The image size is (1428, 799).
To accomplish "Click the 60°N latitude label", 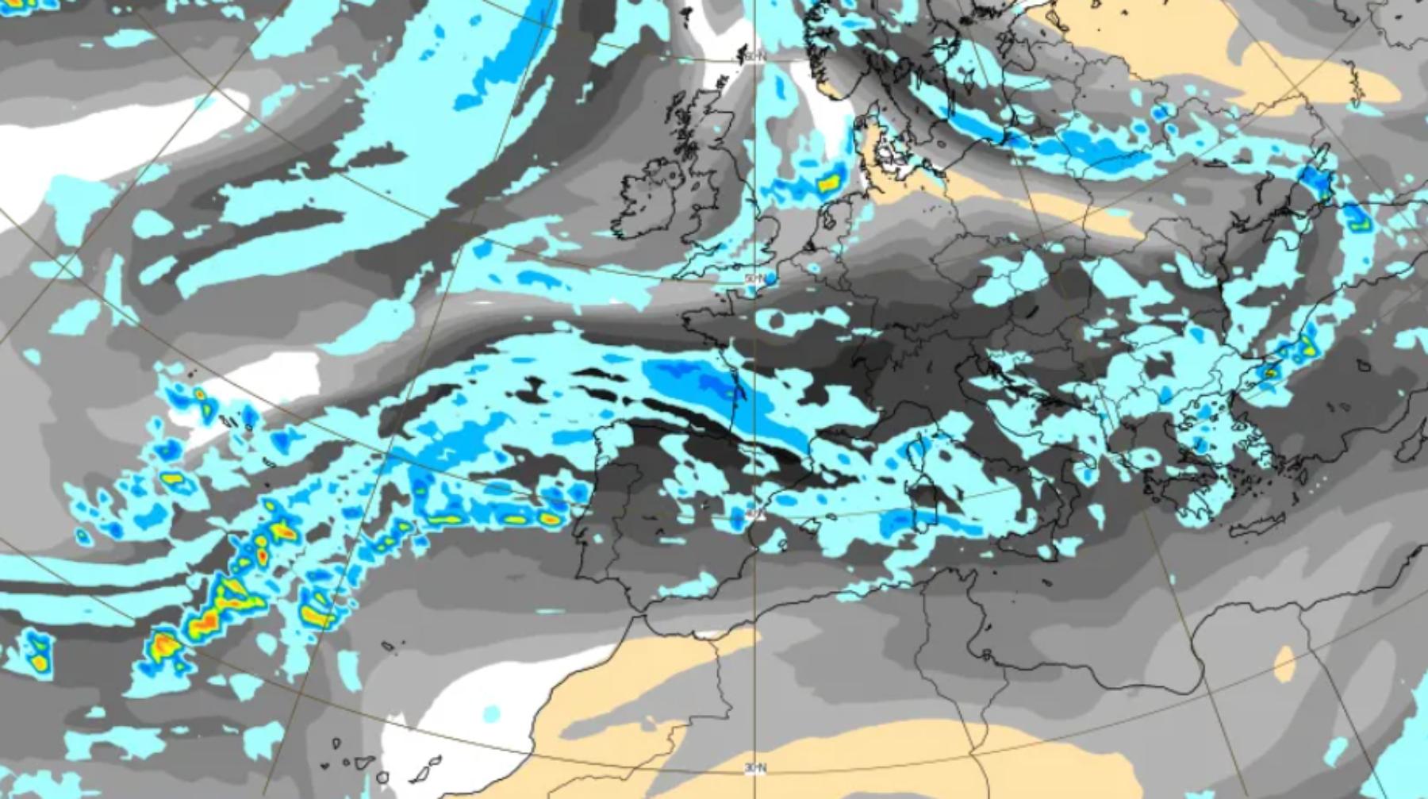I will [754, 56].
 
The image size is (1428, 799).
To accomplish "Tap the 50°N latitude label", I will [754, 278].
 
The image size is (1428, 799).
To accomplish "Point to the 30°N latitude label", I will [754, 767].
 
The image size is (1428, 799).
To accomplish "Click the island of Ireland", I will [647, 198].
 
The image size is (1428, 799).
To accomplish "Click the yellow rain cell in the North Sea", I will [827, 184].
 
